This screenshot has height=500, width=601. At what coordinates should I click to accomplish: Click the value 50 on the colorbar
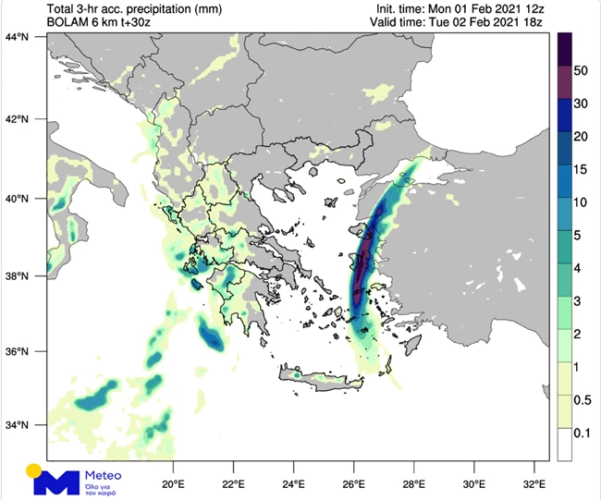(x=581, y=70)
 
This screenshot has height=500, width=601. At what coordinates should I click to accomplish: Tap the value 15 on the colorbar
(x=581, y=170)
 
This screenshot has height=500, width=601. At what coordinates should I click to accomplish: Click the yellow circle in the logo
(x=33, y=470)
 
